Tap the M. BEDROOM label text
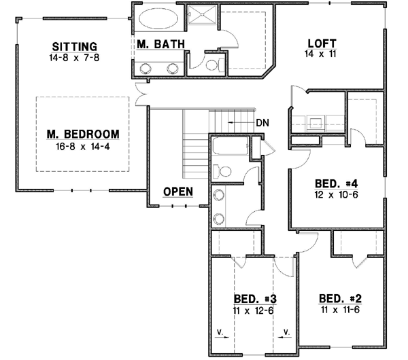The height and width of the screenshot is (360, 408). pyautogui.click(x=83, y=133)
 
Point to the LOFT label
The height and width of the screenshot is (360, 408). pyautogui.click(x=322, y=42)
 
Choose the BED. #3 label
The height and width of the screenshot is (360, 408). pyautogui.click(x=254, y=299)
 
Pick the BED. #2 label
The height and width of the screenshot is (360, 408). pyautogui.click(x=339, y=299)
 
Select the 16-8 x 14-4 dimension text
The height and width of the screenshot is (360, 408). pyautogui.click(x=83, y=145)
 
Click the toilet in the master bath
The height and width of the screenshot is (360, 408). pyautogui.click(x=213, y=65)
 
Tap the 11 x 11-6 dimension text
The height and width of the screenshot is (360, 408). pyautogui.click(x=339, y=310)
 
